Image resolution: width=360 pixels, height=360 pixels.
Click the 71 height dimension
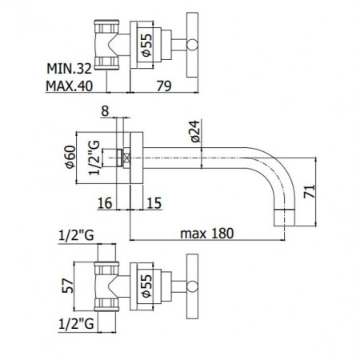tap(318, 191)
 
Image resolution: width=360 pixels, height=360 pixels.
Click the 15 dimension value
tap(154, 204)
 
